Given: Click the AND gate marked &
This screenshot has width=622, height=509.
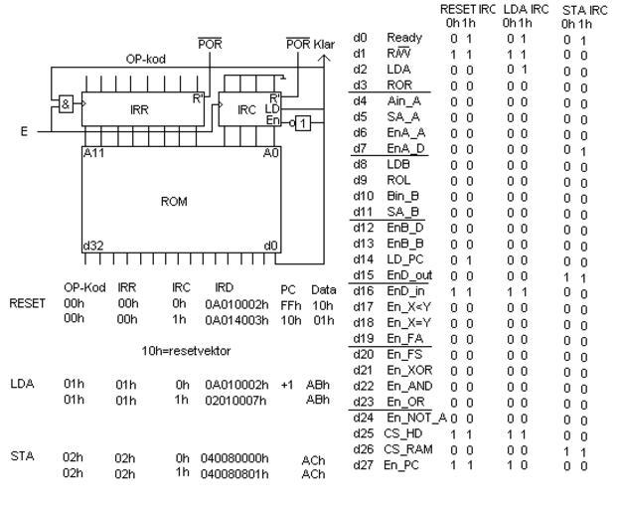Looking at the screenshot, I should tap(67, 104).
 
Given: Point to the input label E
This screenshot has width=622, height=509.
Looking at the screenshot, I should tap(24, 129).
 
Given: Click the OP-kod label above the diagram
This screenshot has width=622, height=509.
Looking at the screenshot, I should tap(145, 59).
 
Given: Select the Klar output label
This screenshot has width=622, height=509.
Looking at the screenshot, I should tap(324, 44).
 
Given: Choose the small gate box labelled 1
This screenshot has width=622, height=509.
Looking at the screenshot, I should tap(305, 122).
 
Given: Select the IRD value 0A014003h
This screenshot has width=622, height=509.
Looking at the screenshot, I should tap(233, 320).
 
